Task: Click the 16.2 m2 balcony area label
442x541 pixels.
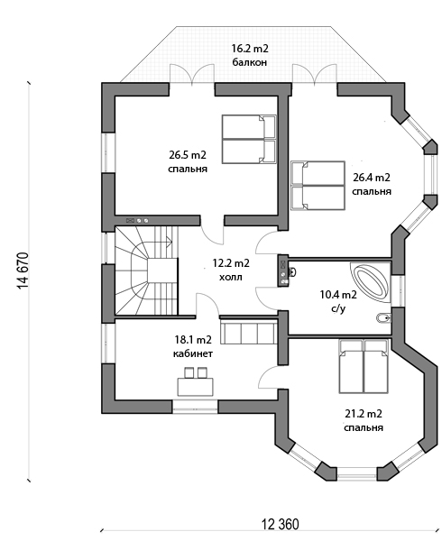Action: point(250,49)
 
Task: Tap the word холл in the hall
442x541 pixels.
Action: point(231,277)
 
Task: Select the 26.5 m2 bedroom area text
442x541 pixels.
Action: point(188,155)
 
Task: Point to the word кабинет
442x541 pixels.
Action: point(193,353)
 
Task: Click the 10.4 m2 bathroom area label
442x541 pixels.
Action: point(338,295)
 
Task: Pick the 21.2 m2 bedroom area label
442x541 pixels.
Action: point(364,413)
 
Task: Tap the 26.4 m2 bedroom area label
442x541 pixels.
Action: point(372,178)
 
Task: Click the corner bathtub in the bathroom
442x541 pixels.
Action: point(371,282)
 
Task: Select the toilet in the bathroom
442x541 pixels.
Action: point(382,317)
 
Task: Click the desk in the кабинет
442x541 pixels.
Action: point(196,387)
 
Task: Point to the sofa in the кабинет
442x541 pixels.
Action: point(248,331)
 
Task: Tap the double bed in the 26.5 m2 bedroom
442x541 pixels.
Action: point(249,139)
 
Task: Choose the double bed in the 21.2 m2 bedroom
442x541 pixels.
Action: point(364,366)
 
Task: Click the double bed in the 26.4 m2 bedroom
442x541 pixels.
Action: point(318,185)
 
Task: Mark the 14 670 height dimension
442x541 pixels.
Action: point(23,270)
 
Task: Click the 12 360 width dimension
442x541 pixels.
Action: point(281,524)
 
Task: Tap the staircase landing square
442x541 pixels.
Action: point(162,270)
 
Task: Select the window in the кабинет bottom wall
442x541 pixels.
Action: point(195,407)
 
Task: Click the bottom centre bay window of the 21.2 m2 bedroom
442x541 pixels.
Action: point(356,473)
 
